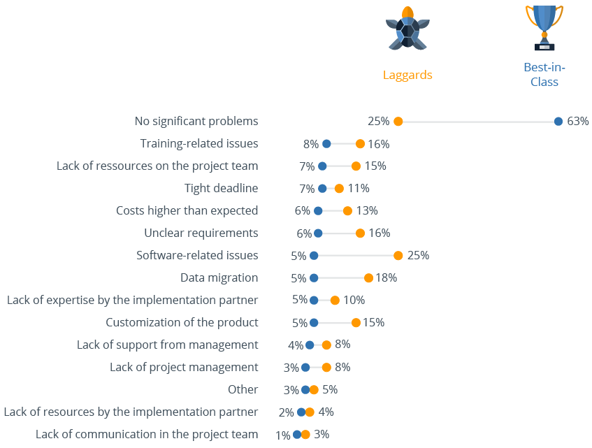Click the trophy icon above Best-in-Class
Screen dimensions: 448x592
(544, 27)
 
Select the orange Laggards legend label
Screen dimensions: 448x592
(407, 75)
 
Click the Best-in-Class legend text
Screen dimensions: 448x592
(544, 74)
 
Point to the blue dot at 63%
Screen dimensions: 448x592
(558, 122)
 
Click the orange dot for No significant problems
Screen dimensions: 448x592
(398, 122)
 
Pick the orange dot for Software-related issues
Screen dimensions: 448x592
(398, 256)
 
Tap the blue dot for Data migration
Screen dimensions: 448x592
(314, 278)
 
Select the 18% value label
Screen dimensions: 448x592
(386, 277)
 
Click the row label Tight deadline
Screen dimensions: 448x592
(221, 188)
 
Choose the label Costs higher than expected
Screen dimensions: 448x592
(187, 210)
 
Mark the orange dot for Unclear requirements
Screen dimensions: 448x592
(360, 233)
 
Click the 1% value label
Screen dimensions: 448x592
(282, 435)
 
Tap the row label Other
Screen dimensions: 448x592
(243, 389)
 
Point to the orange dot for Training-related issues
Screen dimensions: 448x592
(360, 144)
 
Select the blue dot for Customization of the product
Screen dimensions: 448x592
(314, 323)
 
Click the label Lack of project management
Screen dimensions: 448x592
(184, 367)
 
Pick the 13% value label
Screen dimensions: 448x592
(367, 210)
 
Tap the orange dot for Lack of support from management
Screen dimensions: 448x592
(326, 345)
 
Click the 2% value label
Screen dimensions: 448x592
(287, 412)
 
